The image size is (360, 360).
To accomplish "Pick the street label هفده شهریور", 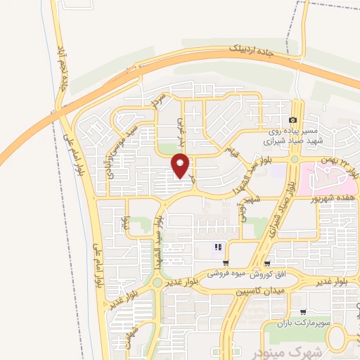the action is coord(335,199).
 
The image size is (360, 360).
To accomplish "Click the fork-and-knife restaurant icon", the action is coord(218,247).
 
